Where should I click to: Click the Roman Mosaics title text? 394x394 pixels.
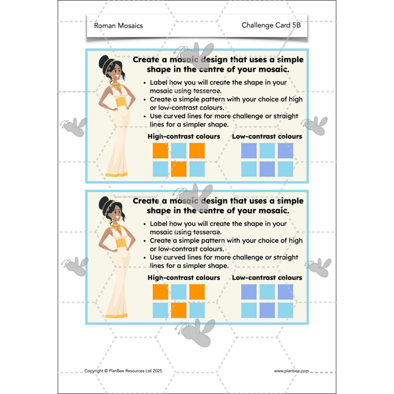tap(118, 26)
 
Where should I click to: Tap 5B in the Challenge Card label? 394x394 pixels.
tap(297, 25)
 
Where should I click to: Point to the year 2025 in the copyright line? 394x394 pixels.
tap(157, 370)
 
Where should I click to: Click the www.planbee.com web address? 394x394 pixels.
tap(292, 371)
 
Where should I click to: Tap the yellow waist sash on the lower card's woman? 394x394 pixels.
tap(122, 243)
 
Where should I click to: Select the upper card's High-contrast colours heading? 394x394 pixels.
tap(183, 136)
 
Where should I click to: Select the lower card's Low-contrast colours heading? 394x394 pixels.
tap(267, 277)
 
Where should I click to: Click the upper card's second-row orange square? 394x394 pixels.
tap(178, 169)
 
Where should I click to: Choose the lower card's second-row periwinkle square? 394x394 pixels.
tap(267, 310)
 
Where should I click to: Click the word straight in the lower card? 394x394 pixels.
tap(286, 258)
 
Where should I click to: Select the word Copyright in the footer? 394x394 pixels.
tap(94, 371)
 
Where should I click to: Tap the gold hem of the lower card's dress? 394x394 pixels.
tap(116, 316)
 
